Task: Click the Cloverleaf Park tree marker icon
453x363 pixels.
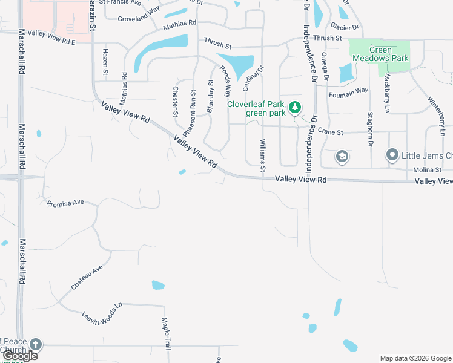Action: point(295,108)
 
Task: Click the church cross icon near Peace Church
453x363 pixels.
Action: point(36,344)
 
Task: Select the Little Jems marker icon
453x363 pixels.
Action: point(392,155)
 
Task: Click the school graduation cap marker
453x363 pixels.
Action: point(342,157)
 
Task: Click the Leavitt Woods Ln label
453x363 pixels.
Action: point(102,310)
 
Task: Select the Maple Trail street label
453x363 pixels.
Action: point(165,335)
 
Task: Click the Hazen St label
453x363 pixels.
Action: point(105,63)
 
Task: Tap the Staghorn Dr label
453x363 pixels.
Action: point(370,129)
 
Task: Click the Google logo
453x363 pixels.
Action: point(20,356)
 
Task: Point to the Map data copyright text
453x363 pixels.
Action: point(415,358)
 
